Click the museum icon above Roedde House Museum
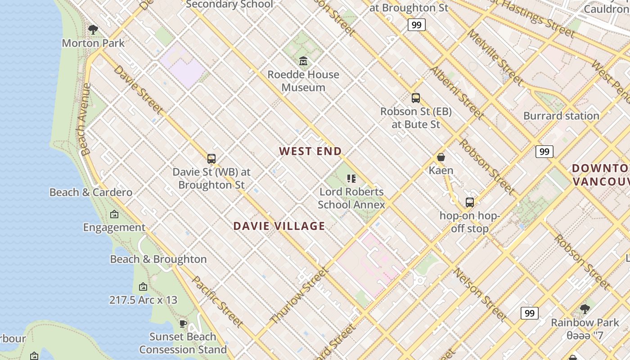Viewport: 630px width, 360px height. (x=303, y=61)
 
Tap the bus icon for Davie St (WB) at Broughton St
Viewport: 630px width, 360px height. (x=211, y=158)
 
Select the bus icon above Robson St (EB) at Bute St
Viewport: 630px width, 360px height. (x=416, y=98)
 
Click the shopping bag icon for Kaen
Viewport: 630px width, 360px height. (x=441, y=157)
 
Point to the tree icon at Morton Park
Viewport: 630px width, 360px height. (x=93, y=30)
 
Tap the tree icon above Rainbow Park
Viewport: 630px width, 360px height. (x=585, y=309)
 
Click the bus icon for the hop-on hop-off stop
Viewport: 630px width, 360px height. (x=470, y=202)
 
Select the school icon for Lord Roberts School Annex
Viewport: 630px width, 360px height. (x=351, y=179)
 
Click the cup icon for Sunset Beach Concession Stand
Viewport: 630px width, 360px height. (x=183, y=324)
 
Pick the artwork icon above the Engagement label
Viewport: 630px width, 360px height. (x=114, y=214)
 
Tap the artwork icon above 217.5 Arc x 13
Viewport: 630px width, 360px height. (x=143, y=287)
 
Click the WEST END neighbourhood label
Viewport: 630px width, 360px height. (x=310, y=151)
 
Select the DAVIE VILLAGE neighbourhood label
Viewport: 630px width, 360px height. (x=279, y=226)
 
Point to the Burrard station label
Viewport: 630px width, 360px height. (x=561, y=116)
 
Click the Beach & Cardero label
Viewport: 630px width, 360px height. (x=91, y=192)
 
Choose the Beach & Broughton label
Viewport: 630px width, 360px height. (x=158, y=259)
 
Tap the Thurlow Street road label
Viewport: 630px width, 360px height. (x=298, y=296)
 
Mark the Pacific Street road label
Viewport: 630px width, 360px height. (x=217, y=301)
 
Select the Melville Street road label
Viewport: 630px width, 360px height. (x=495, y=57)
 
